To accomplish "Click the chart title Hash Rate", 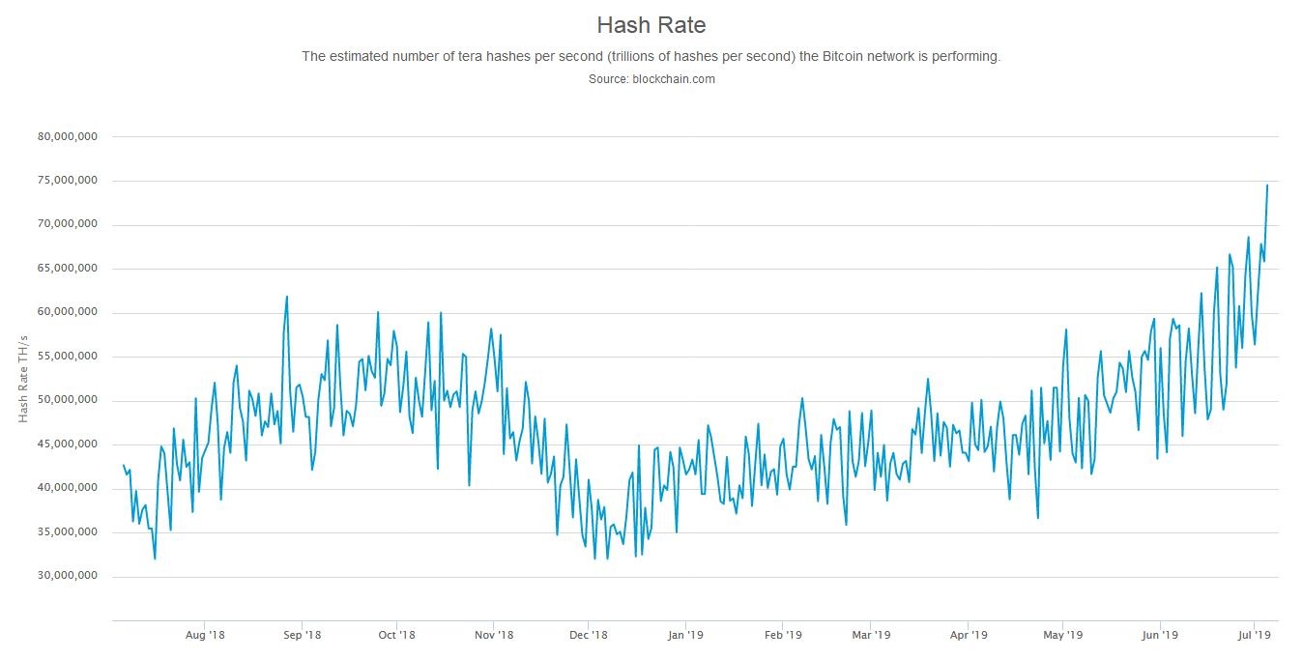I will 651,25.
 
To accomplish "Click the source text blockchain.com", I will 673,79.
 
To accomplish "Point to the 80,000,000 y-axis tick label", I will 67,137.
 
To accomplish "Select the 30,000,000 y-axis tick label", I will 67,577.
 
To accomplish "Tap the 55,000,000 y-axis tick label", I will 67,357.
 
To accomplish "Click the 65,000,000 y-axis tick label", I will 67,269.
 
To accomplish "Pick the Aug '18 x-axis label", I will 204,635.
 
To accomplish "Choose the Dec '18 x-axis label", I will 588,635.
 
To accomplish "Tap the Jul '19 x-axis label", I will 1254,635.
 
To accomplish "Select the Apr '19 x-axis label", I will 968,635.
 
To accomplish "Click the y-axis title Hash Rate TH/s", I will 24,378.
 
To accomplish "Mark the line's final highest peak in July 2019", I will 1267,185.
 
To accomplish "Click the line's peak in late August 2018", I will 287,297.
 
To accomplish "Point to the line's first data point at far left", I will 123,465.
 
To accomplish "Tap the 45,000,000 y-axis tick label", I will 67,444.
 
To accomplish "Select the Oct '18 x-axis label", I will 396,635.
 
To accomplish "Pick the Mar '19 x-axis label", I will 871,635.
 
